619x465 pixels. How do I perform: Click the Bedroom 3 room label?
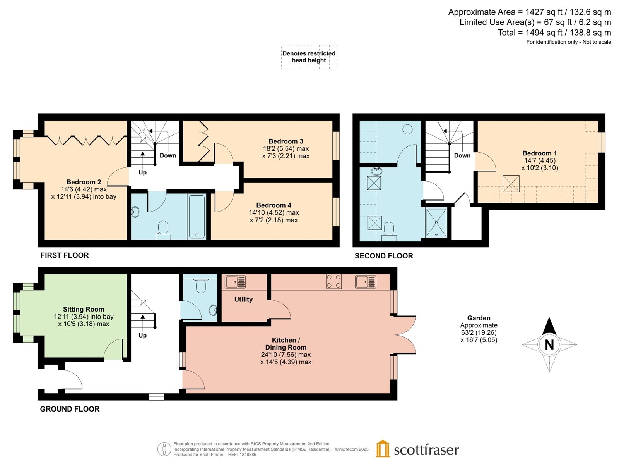click(x=286, y=141)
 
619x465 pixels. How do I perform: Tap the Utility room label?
click(x=243, y=299)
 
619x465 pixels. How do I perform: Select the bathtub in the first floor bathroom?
click(x=197, y=217)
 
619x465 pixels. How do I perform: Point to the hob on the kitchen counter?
click(x=334, y=281)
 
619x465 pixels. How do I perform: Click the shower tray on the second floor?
click(x=436, y=222)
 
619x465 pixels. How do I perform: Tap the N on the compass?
click(x=549, y=345)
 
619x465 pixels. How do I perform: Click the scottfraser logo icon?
click(x=383, y=449)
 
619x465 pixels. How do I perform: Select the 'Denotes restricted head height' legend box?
click(x=309, y=57)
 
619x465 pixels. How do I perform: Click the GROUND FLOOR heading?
click(x=70, y=409)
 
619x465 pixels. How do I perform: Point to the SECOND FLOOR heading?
click(x=383, y=256)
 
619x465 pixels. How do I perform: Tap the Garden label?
click(x=479, y=318)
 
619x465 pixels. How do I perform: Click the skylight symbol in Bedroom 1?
click(x=511, y=184)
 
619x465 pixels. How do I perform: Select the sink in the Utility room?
click(x=235, y=282)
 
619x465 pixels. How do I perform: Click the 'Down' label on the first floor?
click(x=168, y=155)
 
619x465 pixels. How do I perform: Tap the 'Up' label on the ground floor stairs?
click(x=142, y=336)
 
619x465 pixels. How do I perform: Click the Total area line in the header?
click(x=554, y=33)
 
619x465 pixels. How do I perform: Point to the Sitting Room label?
click(x=84, y=309)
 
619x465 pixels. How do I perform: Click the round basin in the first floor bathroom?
click(x=135, y=212)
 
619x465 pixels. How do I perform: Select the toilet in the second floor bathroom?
click(x=389, y=231)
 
